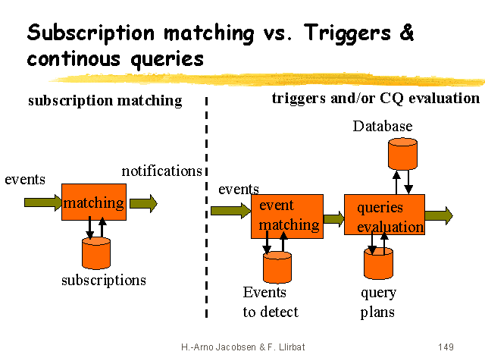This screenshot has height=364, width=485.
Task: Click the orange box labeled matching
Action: pyautogui.click(x=93, y=202)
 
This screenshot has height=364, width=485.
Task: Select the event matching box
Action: pyautogui.click(x=287, y=215)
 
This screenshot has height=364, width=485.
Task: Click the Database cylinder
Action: pyautogui.click(x=402, y=154)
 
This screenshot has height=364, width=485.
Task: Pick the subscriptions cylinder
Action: pyautogui.click(x=96, y=253)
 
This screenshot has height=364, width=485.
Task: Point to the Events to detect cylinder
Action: pyautogui.click(x=277, y=267)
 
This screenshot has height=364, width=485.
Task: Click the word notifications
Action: pyautogui.click(x=161, y=171)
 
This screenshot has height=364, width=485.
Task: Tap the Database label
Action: pyautogui.click(x=383, y=126)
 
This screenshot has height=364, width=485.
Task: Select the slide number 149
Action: pyautogui.click(x=446, y=347)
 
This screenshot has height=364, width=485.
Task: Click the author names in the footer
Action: pyautogui.click(x=243, y=347)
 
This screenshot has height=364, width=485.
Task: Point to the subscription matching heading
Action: pyautogui.click(x=105, y=101)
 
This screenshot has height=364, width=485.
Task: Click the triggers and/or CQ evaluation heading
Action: pyautogui.click(x=375, y=99)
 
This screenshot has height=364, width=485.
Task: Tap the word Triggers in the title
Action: pyautogui.click(x=351, y=33)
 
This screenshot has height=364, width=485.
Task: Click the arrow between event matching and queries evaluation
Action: pyautogui.click(x=333, y=219)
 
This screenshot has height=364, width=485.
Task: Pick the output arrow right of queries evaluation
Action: pyautogui.click(x=439, y=215)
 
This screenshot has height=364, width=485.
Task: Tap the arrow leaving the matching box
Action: pyautogui.click(x=143, y=202)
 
